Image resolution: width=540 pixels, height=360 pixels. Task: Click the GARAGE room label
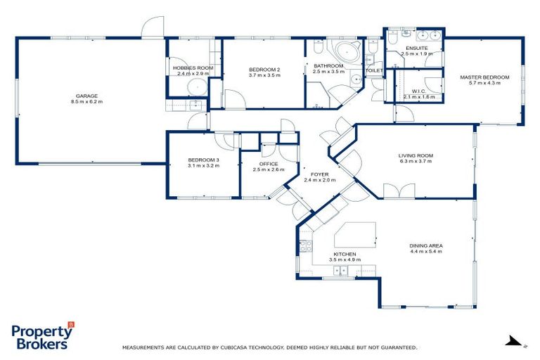87,96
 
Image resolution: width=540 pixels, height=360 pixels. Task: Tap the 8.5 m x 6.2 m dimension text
87,102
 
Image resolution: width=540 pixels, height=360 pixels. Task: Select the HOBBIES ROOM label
193,68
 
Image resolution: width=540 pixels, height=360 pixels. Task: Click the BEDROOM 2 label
264,69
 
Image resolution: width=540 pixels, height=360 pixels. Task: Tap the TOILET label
374,71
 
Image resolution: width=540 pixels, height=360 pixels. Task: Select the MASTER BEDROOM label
484,77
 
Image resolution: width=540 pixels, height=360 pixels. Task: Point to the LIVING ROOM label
416,155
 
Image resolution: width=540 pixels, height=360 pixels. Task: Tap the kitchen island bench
355,235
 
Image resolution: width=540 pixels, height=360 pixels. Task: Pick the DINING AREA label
426,245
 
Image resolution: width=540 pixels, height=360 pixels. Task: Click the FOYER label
319,173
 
